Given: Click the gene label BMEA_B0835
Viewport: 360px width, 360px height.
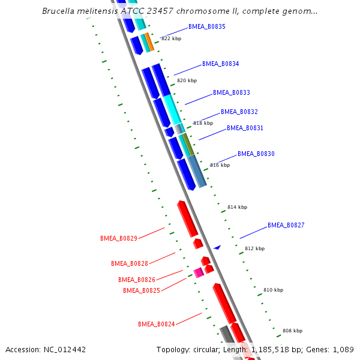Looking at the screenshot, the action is point(207,26).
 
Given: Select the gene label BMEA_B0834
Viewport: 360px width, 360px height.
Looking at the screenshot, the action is point(221,64).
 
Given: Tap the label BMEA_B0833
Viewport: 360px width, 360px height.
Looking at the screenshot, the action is point(232,92).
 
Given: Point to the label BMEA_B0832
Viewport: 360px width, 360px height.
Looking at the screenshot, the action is point(239,112).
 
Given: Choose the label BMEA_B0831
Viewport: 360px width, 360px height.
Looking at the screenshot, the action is point(245,128).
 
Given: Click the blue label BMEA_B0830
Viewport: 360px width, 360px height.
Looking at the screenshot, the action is point(256,154).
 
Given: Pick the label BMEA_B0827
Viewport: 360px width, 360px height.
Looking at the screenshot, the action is point(286,225).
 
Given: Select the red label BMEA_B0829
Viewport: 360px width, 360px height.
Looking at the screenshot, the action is point(119,238).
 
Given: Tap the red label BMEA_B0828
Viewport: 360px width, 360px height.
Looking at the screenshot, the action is point(130,263).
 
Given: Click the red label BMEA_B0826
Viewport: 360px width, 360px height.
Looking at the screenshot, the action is point(137,280).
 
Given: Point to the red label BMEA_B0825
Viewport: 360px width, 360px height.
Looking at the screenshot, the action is point(142,290).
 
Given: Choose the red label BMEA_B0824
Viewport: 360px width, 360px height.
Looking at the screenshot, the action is point(157,324).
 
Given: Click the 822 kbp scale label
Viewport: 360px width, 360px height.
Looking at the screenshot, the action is point(171,38).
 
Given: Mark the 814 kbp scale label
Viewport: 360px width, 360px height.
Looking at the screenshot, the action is point(237,207).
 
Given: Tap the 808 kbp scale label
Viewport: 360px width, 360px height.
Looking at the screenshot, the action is point(292,331).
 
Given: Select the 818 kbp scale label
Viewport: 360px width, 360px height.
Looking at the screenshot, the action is point(203,123).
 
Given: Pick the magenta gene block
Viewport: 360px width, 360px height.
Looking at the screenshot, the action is point(199,272).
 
